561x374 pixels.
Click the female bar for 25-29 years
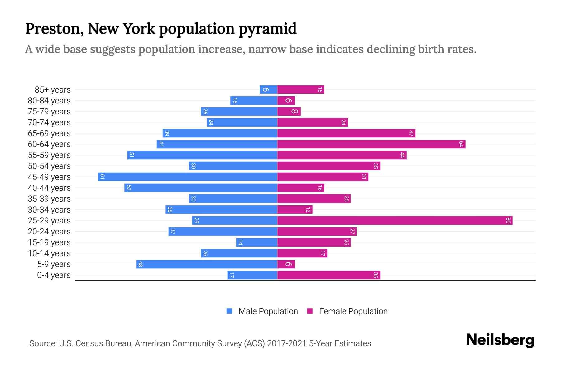click(395, 221)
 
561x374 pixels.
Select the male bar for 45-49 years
click(188, 177)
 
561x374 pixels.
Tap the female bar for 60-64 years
click(371, 144)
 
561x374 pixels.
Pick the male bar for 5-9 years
click(207, 264)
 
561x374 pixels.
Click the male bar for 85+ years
click(268, 90)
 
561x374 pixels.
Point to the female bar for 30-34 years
click(295, 210)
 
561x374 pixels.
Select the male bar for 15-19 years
click(257, 242)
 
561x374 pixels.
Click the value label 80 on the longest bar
click(508, 221)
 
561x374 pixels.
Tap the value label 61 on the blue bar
click(102, 177)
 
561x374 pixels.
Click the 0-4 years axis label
click(54, 275)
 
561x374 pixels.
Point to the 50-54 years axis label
click(49, 166)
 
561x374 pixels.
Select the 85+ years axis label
click(52, 90)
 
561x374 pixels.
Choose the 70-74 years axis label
click(49, 122)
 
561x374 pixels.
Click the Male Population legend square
click(229, 311)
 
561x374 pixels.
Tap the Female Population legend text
click(353, 311)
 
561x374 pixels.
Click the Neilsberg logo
click(500, 340)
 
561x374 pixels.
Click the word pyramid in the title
click(268, 29)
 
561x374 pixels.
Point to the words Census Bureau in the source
click(105, 343)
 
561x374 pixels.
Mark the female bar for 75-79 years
click(289, 112)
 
